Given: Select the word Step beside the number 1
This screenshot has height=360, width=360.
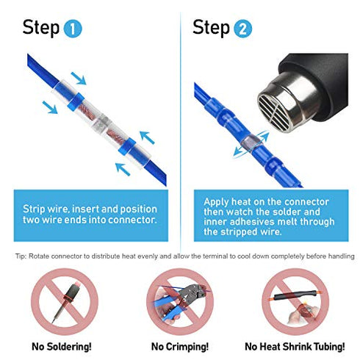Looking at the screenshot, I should pos(41,28).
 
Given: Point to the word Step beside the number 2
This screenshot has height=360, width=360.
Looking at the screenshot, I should pos(212,28).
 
